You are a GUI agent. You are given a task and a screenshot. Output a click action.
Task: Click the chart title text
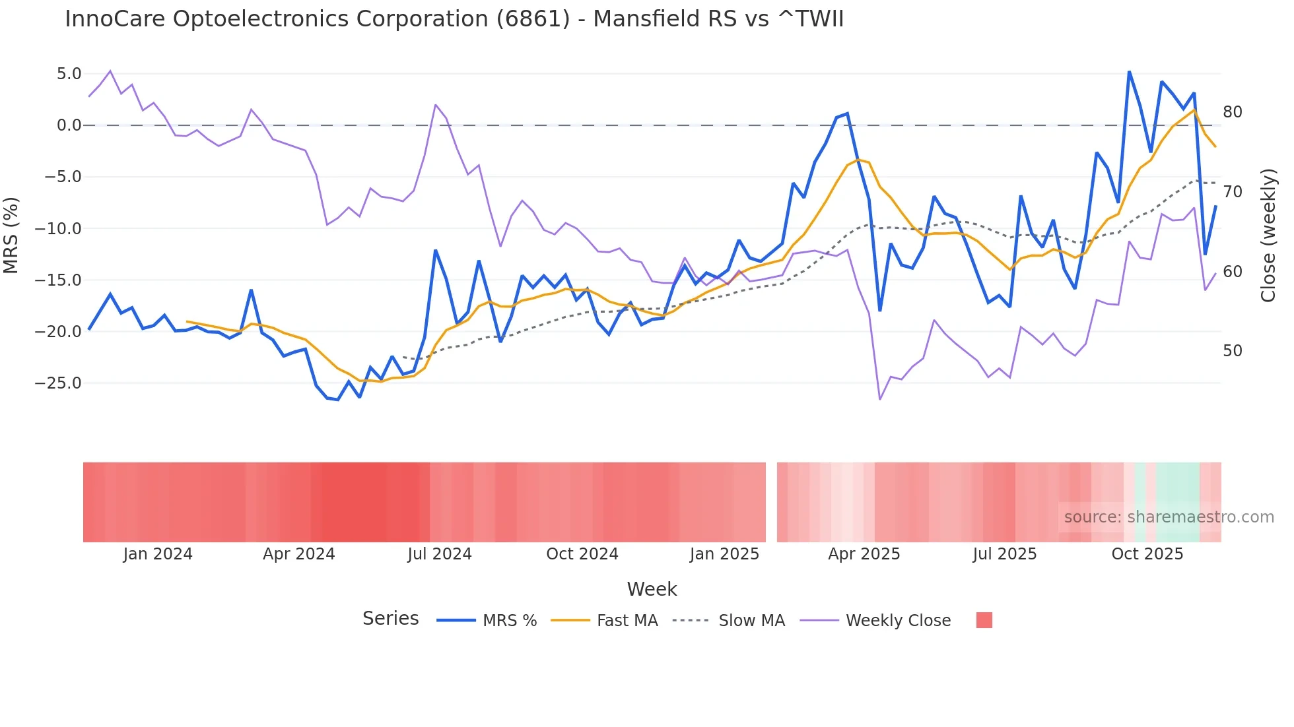(454, 19)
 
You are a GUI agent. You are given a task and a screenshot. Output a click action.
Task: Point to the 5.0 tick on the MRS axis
(69, 74)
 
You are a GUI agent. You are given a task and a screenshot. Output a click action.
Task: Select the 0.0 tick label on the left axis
(69, 125)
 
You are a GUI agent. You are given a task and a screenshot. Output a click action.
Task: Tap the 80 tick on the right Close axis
(1232, 112)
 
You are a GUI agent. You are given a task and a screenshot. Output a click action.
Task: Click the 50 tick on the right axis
(1232, 351)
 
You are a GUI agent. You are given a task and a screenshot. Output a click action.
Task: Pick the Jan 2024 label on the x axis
(158, 554)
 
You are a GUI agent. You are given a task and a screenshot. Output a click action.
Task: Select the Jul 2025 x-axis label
(1004, 554)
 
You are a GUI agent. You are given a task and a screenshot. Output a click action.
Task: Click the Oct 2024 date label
(582, 554)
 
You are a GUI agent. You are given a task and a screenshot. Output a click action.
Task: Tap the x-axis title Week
(652, 589)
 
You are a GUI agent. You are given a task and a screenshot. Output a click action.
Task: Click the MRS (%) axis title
(11, 235)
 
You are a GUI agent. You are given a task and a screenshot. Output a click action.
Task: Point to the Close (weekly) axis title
(1268, 235)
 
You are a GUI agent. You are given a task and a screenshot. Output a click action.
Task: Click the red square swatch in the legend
(984, 620)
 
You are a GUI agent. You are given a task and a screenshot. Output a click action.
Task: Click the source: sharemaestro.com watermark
(1169, 517)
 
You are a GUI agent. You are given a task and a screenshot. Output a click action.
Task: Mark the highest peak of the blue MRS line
(1129, 71)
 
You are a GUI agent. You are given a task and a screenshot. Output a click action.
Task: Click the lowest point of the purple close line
(880, 399)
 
